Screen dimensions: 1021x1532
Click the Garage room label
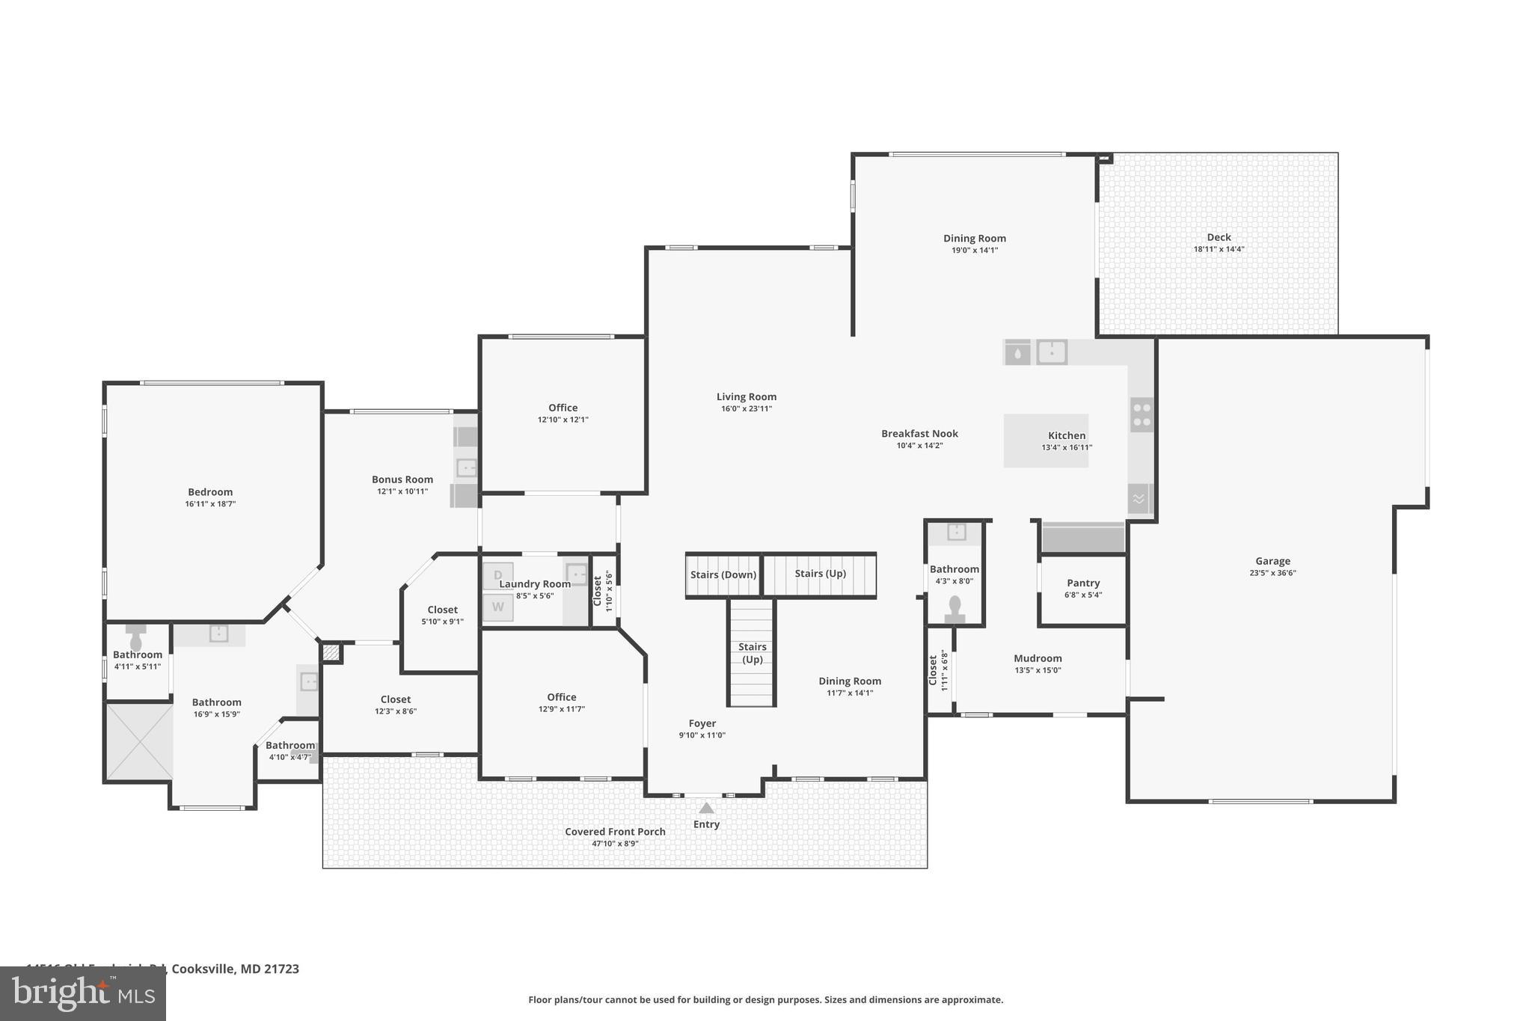tap(1272, 561)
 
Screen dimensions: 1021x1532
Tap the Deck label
tap(1219, 237)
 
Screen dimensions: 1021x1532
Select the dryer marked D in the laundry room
tap(497, 575)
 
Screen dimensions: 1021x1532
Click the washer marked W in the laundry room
tap(497, 607)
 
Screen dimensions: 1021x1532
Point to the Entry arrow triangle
tap(706, 808)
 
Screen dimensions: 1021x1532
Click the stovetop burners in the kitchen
tap(1142, 414)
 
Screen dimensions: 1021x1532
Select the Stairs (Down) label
tap(723, 574)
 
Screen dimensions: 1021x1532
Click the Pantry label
tap(1083, 583)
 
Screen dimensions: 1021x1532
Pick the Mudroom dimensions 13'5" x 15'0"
tap(1038, 670)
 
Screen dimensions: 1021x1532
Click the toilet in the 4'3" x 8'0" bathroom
tap(955, 607)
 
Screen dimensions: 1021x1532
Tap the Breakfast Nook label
tap(919, 433)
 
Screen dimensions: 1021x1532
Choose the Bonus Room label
tap(402, 479)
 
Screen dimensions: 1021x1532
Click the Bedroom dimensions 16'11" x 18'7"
tap(210, 504)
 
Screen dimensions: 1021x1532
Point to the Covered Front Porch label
tap(615, 832)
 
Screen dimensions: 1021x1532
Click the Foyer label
tap(702, 723)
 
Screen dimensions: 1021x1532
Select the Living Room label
tap(747, 396)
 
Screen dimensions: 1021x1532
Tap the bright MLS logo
tap(83, 994)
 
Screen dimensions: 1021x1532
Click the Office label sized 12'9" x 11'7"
tap(561, 696)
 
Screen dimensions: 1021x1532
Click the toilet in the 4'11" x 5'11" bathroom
tap(136, 641)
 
